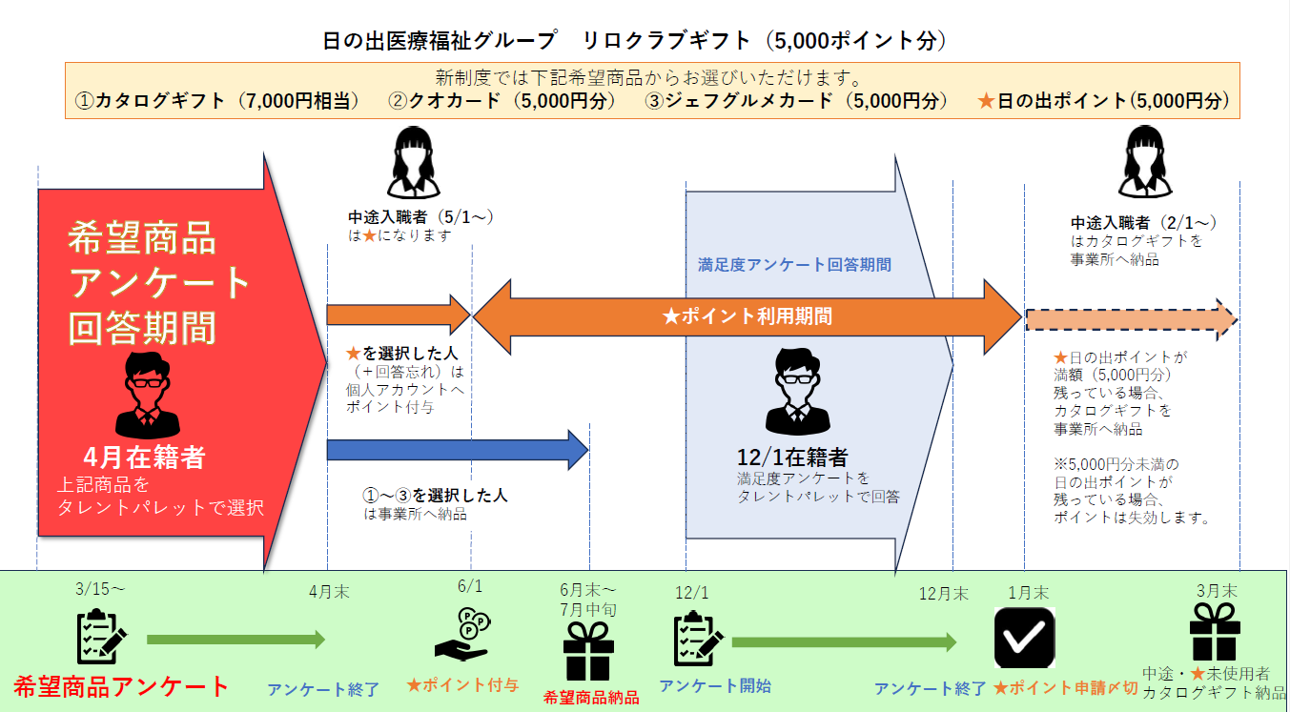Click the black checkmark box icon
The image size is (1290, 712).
[1024, 638]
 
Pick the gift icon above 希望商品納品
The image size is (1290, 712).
[588, 652]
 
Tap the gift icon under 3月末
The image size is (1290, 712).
[1215, 632]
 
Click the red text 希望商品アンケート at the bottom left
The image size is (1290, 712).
[122, 686]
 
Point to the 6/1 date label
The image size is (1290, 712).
[470, 586]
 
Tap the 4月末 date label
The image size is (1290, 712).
[329, 591]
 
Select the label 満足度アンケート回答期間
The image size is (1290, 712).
[794, 264]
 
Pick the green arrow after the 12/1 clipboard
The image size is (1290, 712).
[844, 641]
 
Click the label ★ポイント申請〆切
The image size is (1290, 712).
[1065, 688]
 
